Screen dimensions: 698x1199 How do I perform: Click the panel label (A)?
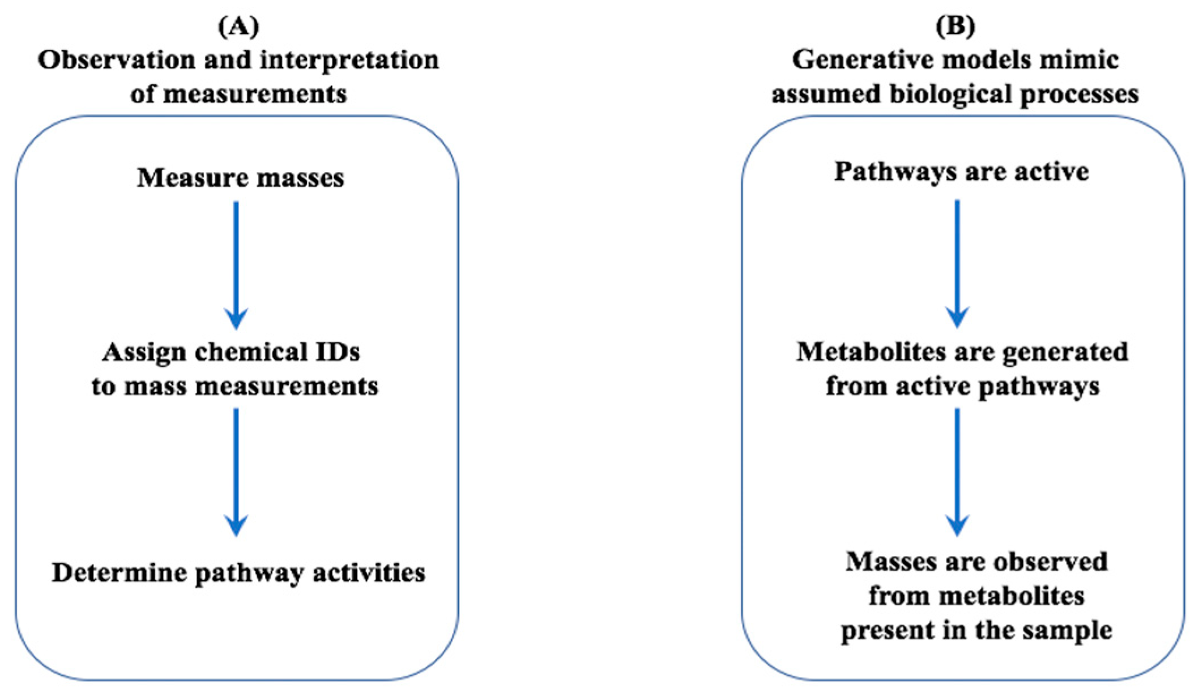coord(238,27)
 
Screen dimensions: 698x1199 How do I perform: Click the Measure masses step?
coord(241,178)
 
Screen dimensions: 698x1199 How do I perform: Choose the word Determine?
coord(119,573)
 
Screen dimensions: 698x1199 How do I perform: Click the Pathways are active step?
coord(961,172)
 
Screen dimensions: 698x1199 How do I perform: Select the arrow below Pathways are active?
coord(957,263)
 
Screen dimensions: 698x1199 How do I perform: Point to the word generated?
coord(1065,352)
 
